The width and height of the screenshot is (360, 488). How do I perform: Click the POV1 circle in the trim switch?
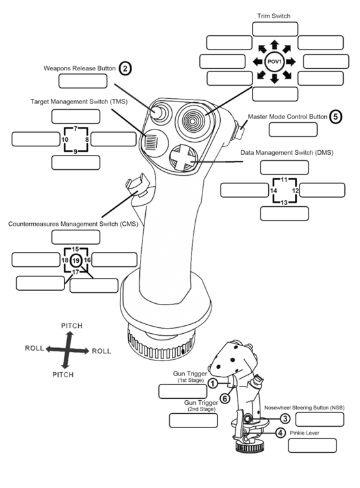click(x=274, y=62)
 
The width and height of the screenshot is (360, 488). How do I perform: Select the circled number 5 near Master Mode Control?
click(x=335, y=117)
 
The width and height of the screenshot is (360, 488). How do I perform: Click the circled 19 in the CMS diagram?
click(x=76, y=260)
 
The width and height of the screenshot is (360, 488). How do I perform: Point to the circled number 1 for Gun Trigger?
click(x=213, y=384)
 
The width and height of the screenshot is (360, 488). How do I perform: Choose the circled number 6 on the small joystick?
click(x=225, y=398)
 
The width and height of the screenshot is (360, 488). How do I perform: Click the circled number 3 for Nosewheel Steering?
click(x=284, y=418)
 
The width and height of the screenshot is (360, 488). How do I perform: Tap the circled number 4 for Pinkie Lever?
click(x=280, y=432)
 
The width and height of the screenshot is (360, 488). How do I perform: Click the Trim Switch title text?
click(x=273, y=15)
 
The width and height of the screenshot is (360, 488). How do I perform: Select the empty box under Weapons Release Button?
click(x=83, y=81)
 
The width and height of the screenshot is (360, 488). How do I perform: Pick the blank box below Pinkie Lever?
click(x=312, y=446)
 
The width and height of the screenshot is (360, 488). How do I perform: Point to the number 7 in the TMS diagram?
click(x=76, y=129)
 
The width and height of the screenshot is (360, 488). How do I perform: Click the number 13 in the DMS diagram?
click(x=284, y=202)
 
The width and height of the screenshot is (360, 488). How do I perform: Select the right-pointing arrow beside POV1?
click(x=292, y=62)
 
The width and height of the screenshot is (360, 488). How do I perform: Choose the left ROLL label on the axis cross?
click(x=34, y=349)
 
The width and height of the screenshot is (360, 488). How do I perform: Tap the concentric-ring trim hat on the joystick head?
click(x=193, y=118)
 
